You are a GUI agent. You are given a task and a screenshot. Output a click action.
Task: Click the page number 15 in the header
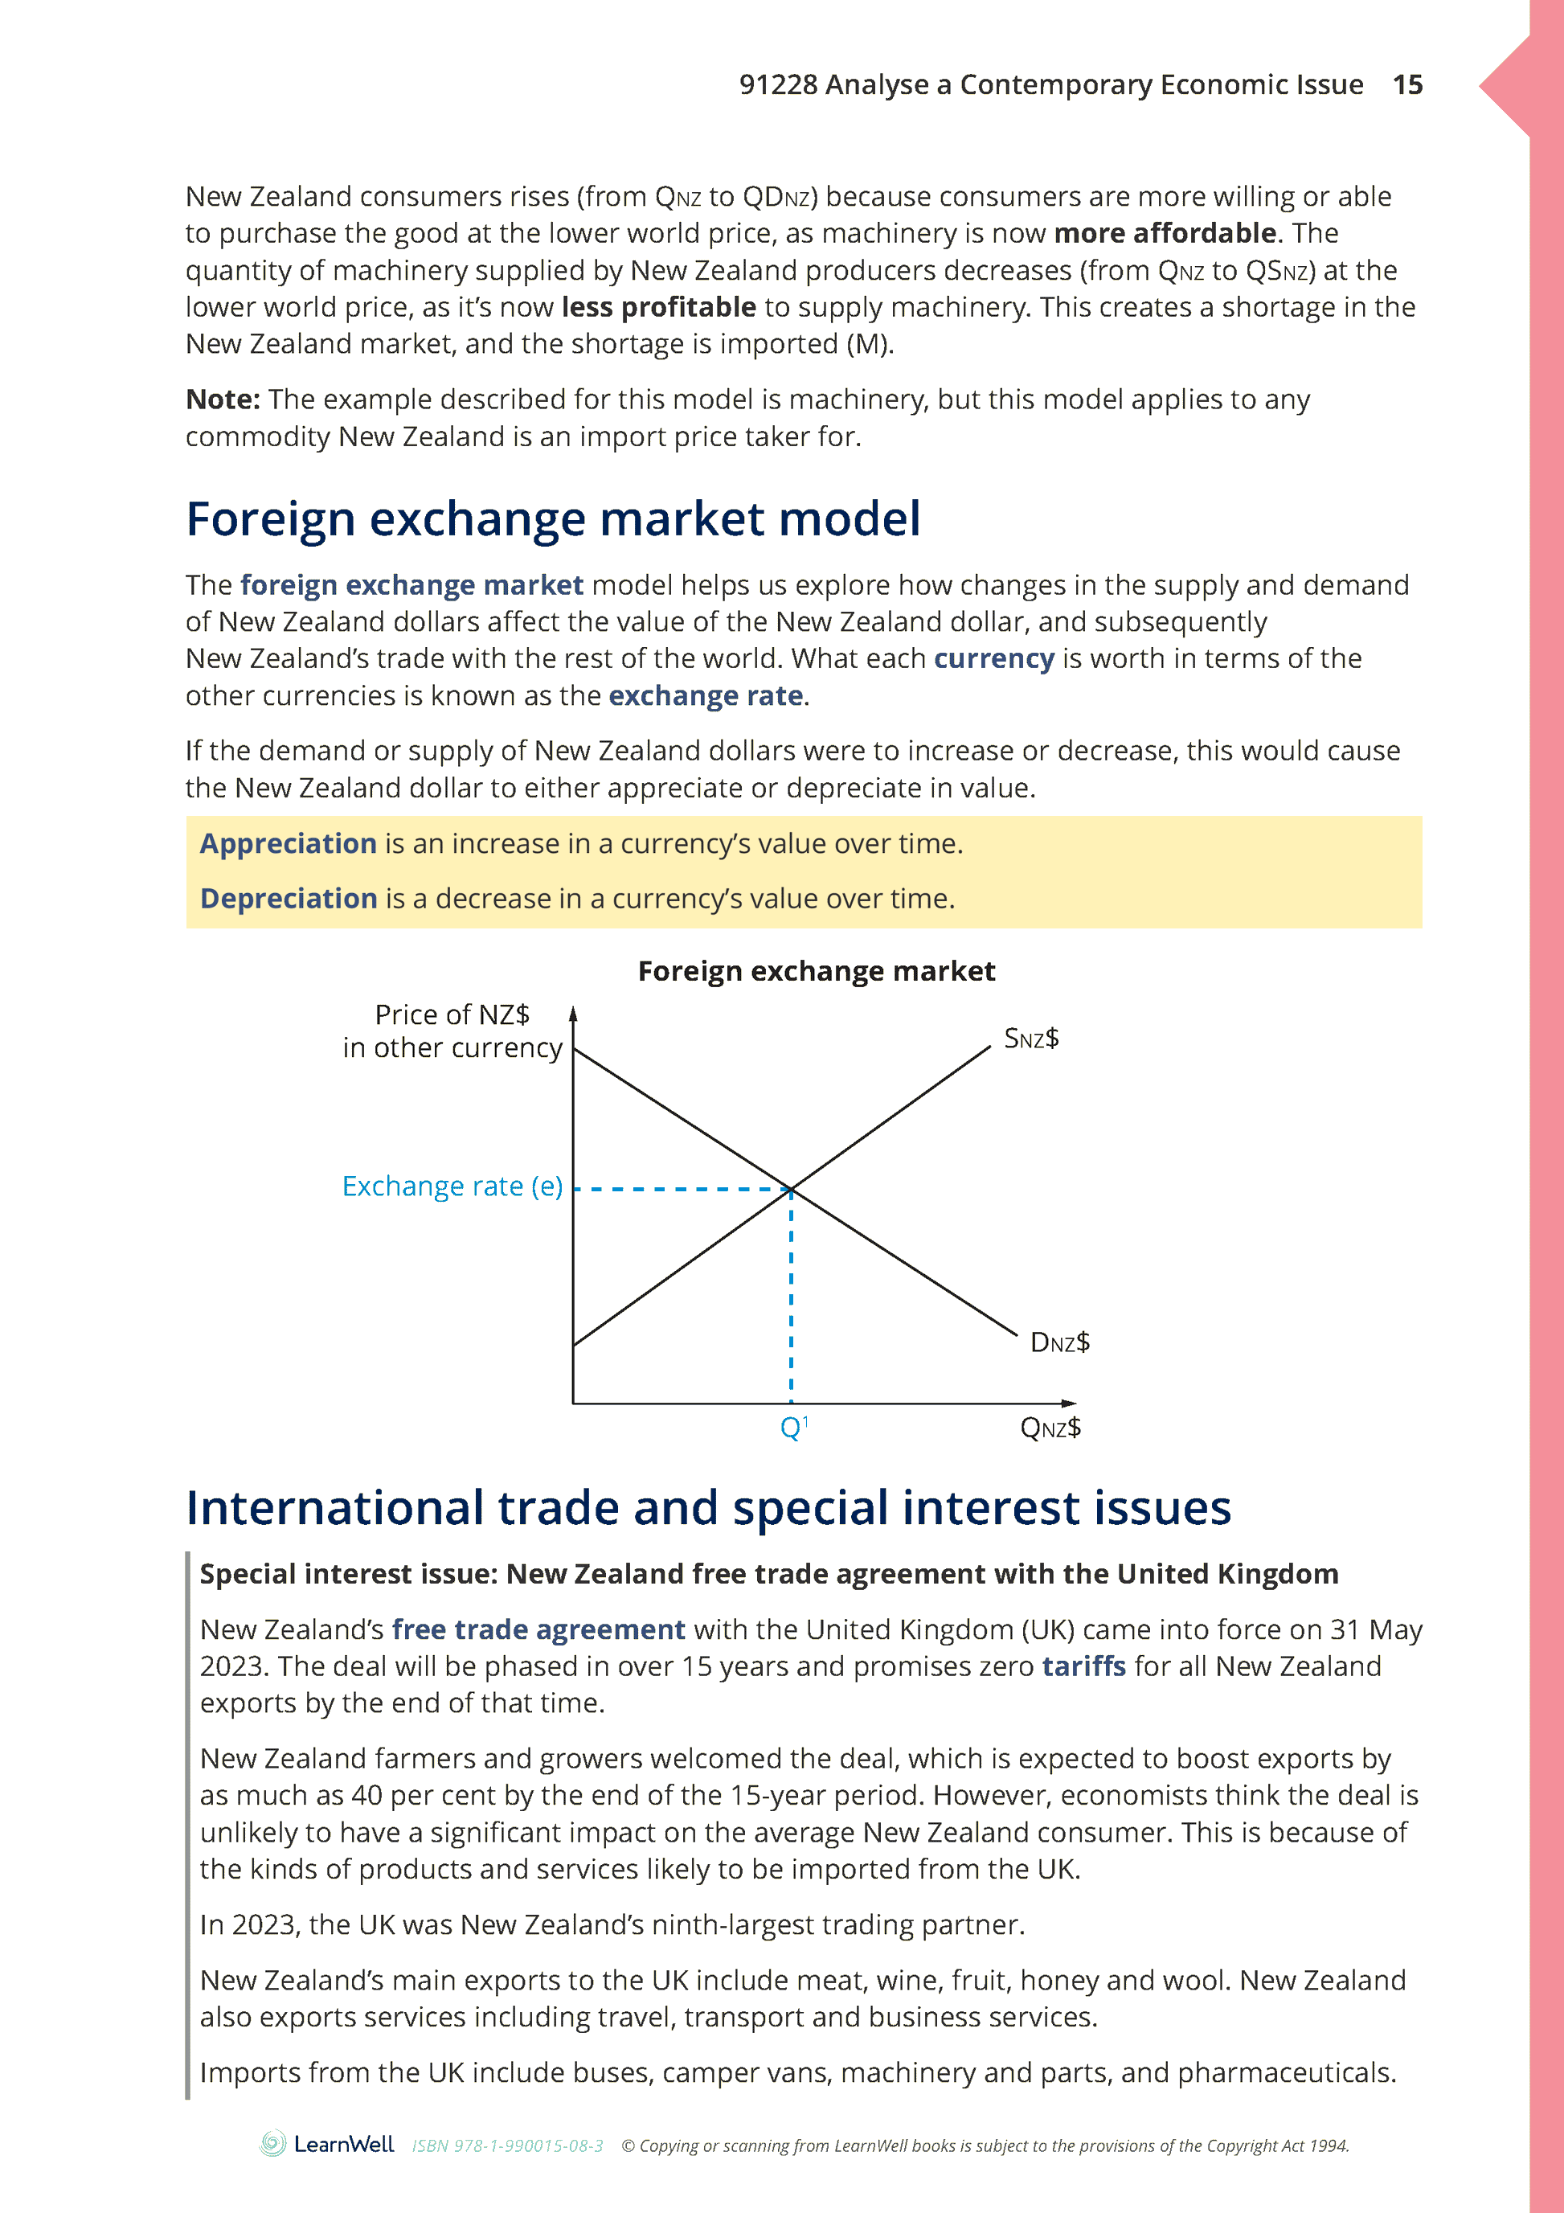tap(1407, 85)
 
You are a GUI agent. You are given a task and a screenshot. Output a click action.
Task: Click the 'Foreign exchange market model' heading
tap(553, 518)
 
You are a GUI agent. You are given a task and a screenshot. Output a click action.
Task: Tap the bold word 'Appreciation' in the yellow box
tap(289, 843)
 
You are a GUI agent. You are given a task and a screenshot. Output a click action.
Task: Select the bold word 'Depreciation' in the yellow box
tap(289, 899)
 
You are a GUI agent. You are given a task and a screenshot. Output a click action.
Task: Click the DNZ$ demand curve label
tap(1059, 1342)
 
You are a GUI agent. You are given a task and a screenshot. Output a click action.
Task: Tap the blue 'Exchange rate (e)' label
tap(452, 1186)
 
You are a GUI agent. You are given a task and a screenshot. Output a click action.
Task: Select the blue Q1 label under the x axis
tap(793, 1427)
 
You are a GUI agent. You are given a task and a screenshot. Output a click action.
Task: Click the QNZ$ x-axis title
tap(1050, 1428)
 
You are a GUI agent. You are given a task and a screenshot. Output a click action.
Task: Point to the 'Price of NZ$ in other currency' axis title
tap(452, 1031)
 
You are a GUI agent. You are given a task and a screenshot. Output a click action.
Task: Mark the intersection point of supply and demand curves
tap(791, 1190)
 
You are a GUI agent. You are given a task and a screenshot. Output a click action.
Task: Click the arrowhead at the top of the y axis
tap(573, 1013)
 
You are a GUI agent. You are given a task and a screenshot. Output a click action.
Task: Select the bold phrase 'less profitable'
tap(658, 307)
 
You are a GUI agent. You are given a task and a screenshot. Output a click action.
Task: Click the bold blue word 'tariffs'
tap(1083, 1666)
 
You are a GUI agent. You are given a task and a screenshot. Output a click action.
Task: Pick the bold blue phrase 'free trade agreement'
tap(538, 1630)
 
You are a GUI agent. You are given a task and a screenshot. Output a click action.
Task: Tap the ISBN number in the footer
tap(507, 2146)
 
